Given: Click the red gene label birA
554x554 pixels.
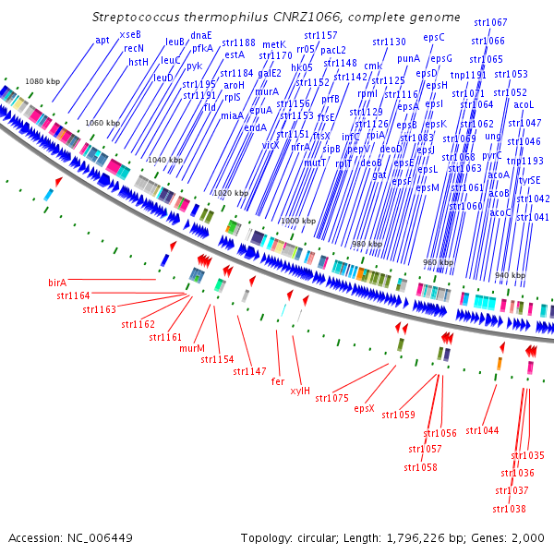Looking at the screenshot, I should [x=57, y=282].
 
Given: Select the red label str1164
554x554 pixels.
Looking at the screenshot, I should [x=73, y=295].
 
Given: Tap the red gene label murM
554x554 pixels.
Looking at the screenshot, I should [x=192, y=349].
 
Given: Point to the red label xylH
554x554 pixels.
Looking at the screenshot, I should [x=300, y=391].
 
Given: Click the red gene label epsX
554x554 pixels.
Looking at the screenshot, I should [x=364, y=408].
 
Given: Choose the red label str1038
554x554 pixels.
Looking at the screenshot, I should [x=510, y=509].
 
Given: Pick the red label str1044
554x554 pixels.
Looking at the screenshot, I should [x=482, y=430].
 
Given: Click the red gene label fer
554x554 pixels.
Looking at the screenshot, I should [x=277, y=380].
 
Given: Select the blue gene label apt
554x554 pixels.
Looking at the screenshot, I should [x=102, y=40].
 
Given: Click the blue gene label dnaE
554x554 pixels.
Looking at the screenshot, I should [x=201, y=35].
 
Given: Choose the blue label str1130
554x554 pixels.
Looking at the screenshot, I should [x=388, y=42].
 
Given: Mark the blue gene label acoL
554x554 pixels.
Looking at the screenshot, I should [x=524, y=105].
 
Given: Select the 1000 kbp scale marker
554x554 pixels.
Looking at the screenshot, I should [x=296, y=222].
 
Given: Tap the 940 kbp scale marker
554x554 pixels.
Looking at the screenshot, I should [x=510, y=275].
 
